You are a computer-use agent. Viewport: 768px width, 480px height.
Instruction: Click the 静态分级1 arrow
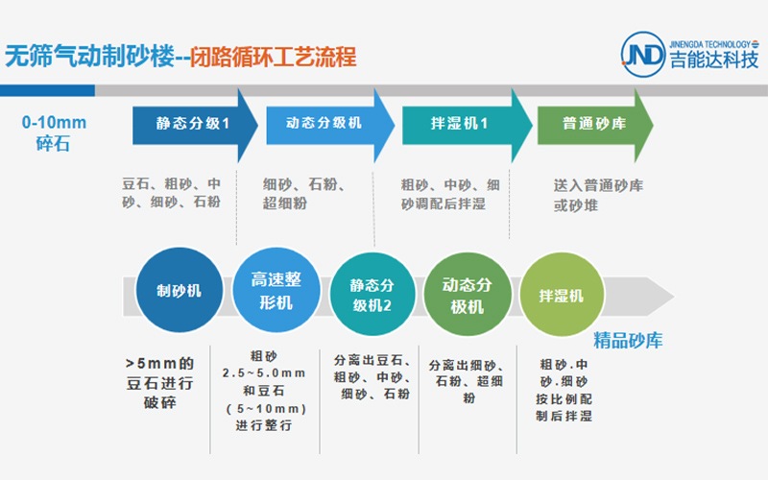tap(195, 125)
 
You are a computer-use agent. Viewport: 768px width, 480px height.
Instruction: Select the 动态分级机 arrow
tap(330, 125)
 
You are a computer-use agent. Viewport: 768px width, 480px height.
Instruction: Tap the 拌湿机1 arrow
tap(467, 125)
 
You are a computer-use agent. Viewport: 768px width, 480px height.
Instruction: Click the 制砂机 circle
tap(179, 291)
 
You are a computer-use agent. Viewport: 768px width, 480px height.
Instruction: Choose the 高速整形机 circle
tap(276, 291)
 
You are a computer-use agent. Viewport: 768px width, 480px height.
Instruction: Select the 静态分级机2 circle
tap(372, 295)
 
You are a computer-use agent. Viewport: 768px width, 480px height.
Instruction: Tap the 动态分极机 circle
tap(468, 295)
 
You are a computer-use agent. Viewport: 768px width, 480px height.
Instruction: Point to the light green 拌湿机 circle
tap(562, 295)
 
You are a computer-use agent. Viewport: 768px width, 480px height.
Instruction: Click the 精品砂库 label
tap(628, 341)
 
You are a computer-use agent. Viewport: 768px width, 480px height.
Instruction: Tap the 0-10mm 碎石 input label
tap(54, 132)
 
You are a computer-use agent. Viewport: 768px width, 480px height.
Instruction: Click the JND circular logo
tap(643, 55)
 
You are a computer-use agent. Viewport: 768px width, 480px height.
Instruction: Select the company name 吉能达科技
tap(714, 60)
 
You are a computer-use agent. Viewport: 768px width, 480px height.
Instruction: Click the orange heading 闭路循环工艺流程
tap(274, 57)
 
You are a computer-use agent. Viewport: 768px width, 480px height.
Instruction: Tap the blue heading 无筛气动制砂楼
tap(89, 57)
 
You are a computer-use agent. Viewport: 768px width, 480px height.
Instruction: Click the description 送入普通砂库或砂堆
tap(598, 195)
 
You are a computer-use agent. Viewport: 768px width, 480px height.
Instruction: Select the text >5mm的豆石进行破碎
tap(159, 383)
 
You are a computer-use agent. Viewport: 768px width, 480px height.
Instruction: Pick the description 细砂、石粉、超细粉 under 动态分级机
tap(303, 194)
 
